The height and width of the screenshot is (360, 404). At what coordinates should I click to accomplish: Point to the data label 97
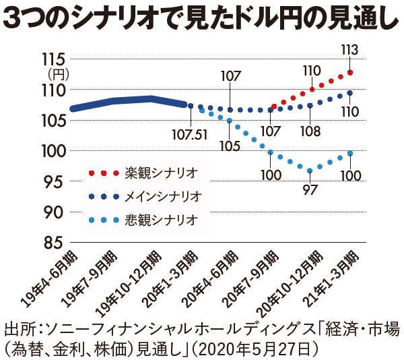coord(310,189)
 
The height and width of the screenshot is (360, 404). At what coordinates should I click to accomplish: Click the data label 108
coord(310,130)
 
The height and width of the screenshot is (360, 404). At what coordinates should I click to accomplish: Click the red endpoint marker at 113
coord(350,73)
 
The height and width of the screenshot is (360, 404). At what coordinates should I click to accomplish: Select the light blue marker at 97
coord(310,171)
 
